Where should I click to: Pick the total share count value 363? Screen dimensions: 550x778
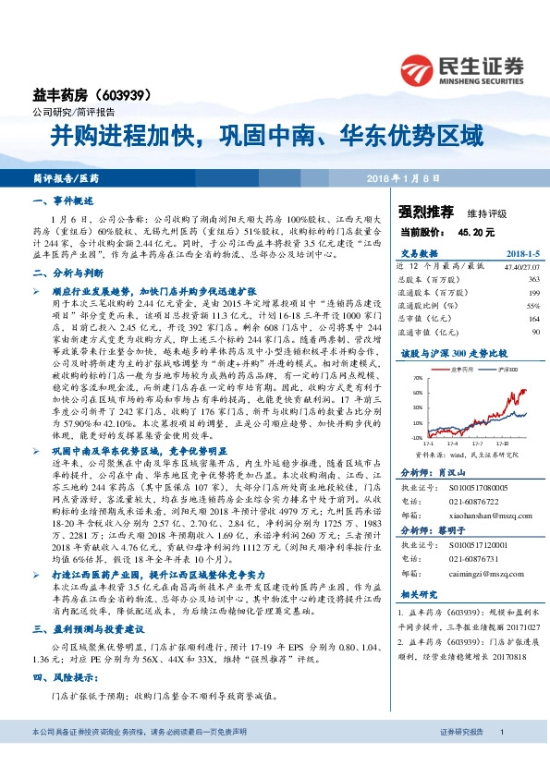coord(533,278)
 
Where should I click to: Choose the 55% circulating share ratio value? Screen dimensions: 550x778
coord(532,304)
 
